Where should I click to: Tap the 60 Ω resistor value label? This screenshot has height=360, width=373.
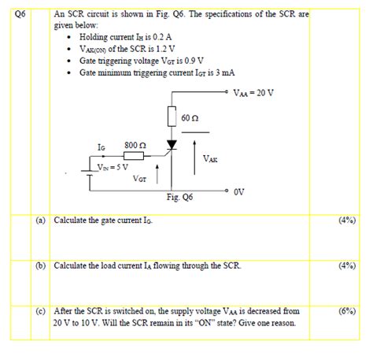tap(190, 117)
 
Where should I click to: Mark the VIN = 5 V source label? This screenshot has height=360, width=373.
tap(111, 167)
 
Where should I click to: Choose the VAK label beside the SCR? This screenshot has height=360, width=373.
tap(210, 158)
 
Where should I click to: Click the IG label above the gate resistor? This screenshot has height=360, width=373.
tap(101, 146)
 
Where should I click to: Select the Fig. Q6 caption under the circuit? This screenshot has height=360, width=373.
tap(179, 198)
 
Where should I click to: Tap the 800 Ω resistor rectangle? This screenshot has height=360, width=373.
tap(133, 156)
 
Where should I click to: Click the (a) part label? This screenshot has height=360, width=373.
tap(40, 221)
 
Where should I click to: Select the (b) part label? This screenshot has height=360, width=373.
tap(40, 265)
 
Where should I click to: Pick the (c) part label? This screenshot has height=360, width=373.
tap(40, 311)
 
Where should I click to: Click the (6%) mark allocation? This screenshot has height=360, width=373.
tap(347, 311)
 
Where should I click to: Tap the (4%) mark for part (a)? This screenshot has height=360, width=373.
tap(347, 221)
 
